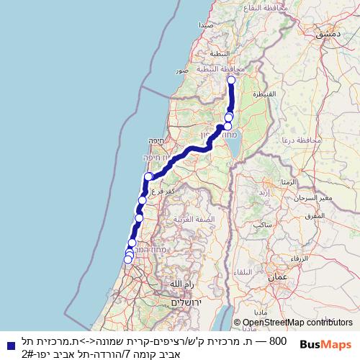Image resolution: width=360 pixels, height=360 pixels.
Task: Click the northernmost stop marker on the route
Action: [x=231, y=81]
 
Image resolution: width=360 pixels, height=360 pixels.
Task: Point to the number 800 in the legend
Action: [x=277, y=340]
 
